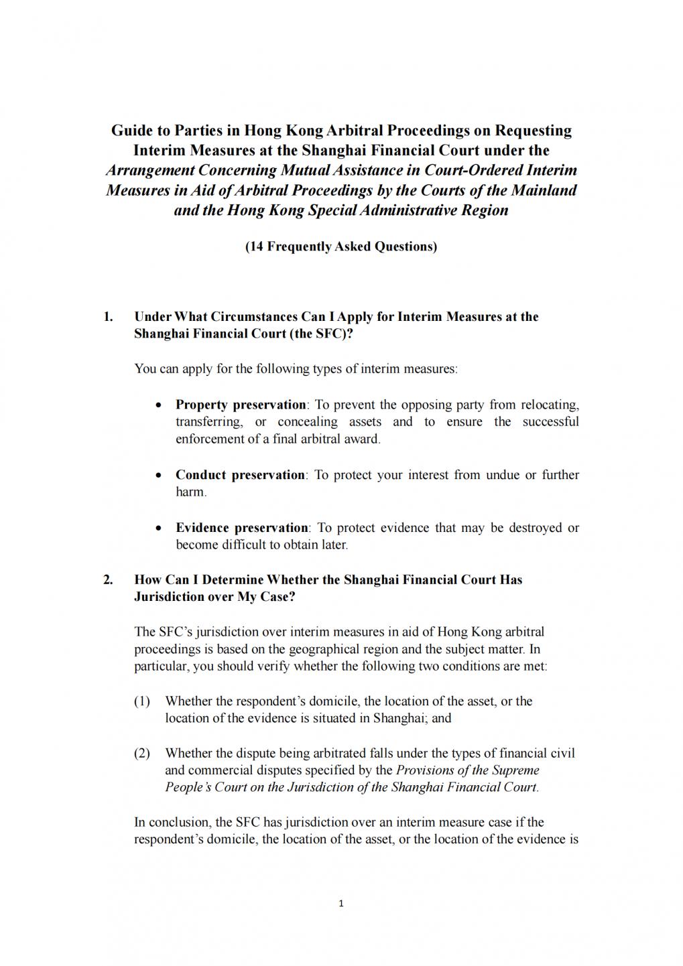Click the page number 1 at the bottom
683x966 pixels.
point(341,904)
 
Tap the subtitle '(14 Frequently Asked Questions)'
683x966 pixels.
point(341,247)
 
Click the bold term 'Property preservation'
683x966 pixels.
point(241,405)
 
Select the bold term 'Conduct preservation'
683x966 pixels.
point(240,475)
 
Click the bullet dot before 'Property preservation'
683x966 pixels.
point(158,405)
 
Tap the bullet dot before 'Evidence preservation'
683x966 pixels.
point(158,529)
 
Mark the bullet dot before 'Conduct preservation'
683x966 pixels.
point(158,476)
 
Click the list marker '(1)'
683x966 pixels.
point(142,701)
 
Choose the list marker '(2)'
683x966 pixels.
point(142,754)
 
